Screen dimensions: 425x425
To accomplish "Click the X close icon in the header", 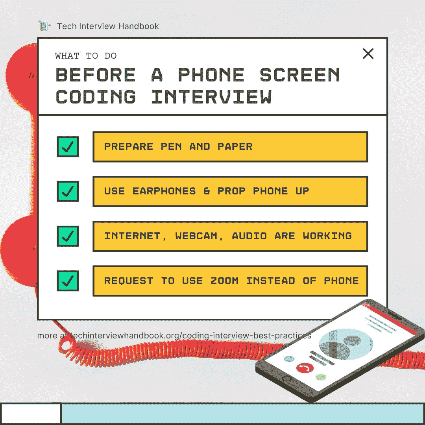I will click(368, 54).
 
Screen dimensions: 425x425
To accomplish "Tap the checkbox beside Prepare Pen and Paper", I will click(68, 147).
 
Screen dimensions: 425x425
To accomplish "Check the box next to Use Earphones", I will click(68, 191).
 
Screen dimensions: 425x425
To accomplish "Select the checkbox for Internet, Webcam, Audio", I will click(68, 236).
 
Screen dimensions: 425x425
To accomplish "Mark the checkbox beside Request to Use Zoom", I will click(68, 281).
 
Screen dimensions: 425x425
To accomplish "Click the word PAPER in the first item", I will click(235, 147).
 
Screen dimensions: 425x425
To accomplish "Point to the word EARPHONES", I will click(164, 191).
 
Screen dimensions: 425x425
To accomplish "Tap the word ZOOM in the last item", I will click(224, 281).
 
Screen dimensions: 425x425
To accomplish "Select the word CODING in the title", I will click(96, 97).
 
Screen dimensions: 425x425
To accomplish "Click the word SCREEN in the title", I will click(300, 75).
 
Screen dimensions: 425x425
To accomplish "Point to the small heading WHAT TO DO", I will click(86, 56).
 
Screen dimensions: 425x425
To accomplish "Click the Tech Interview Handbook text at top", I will click(108, 26).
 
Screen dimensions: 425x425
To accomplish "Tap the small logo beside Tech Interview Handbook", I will click(44, 26).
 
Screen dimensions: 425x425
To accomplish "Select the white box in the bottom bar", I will click(31, 413).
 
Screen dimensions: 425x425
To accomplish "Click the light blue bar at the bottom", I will click(242, 413).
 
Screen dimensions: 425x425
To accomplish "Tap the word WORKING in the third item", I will click(327, 236).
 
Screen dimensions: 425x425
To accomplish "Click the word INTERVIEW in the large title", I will click(211, 97).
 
